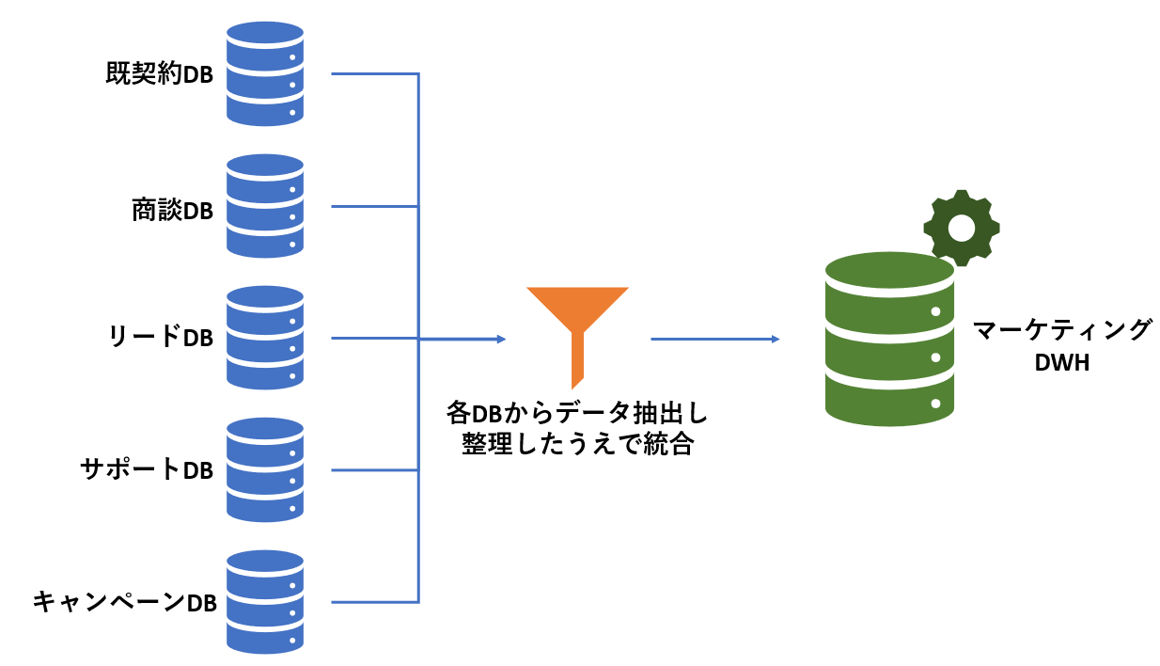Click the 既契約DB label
coord(159,75)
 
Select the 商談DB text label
coord(172,209)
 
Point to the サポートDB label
coord(147,469)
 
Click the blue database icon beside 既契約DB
coord(266,76)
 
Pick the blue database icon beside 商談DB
coord(266,207)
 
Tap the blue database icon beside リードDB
coord(266,339)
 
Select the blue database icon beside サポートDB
coord(266,470)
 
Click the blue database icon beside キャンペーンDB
coord(266,602)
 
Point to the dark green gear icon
coord(961,228)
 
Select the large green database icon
coord(889,339)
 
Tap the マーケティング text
coord(1061,331)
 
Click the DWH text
coord(1061,363)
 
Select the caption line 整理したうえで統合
coord(577,445)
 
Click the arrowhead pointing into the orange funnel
coord(501,339)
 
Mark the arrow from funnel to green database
coord(714,339)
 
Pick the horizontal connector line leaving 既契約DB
coord(375,74)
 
